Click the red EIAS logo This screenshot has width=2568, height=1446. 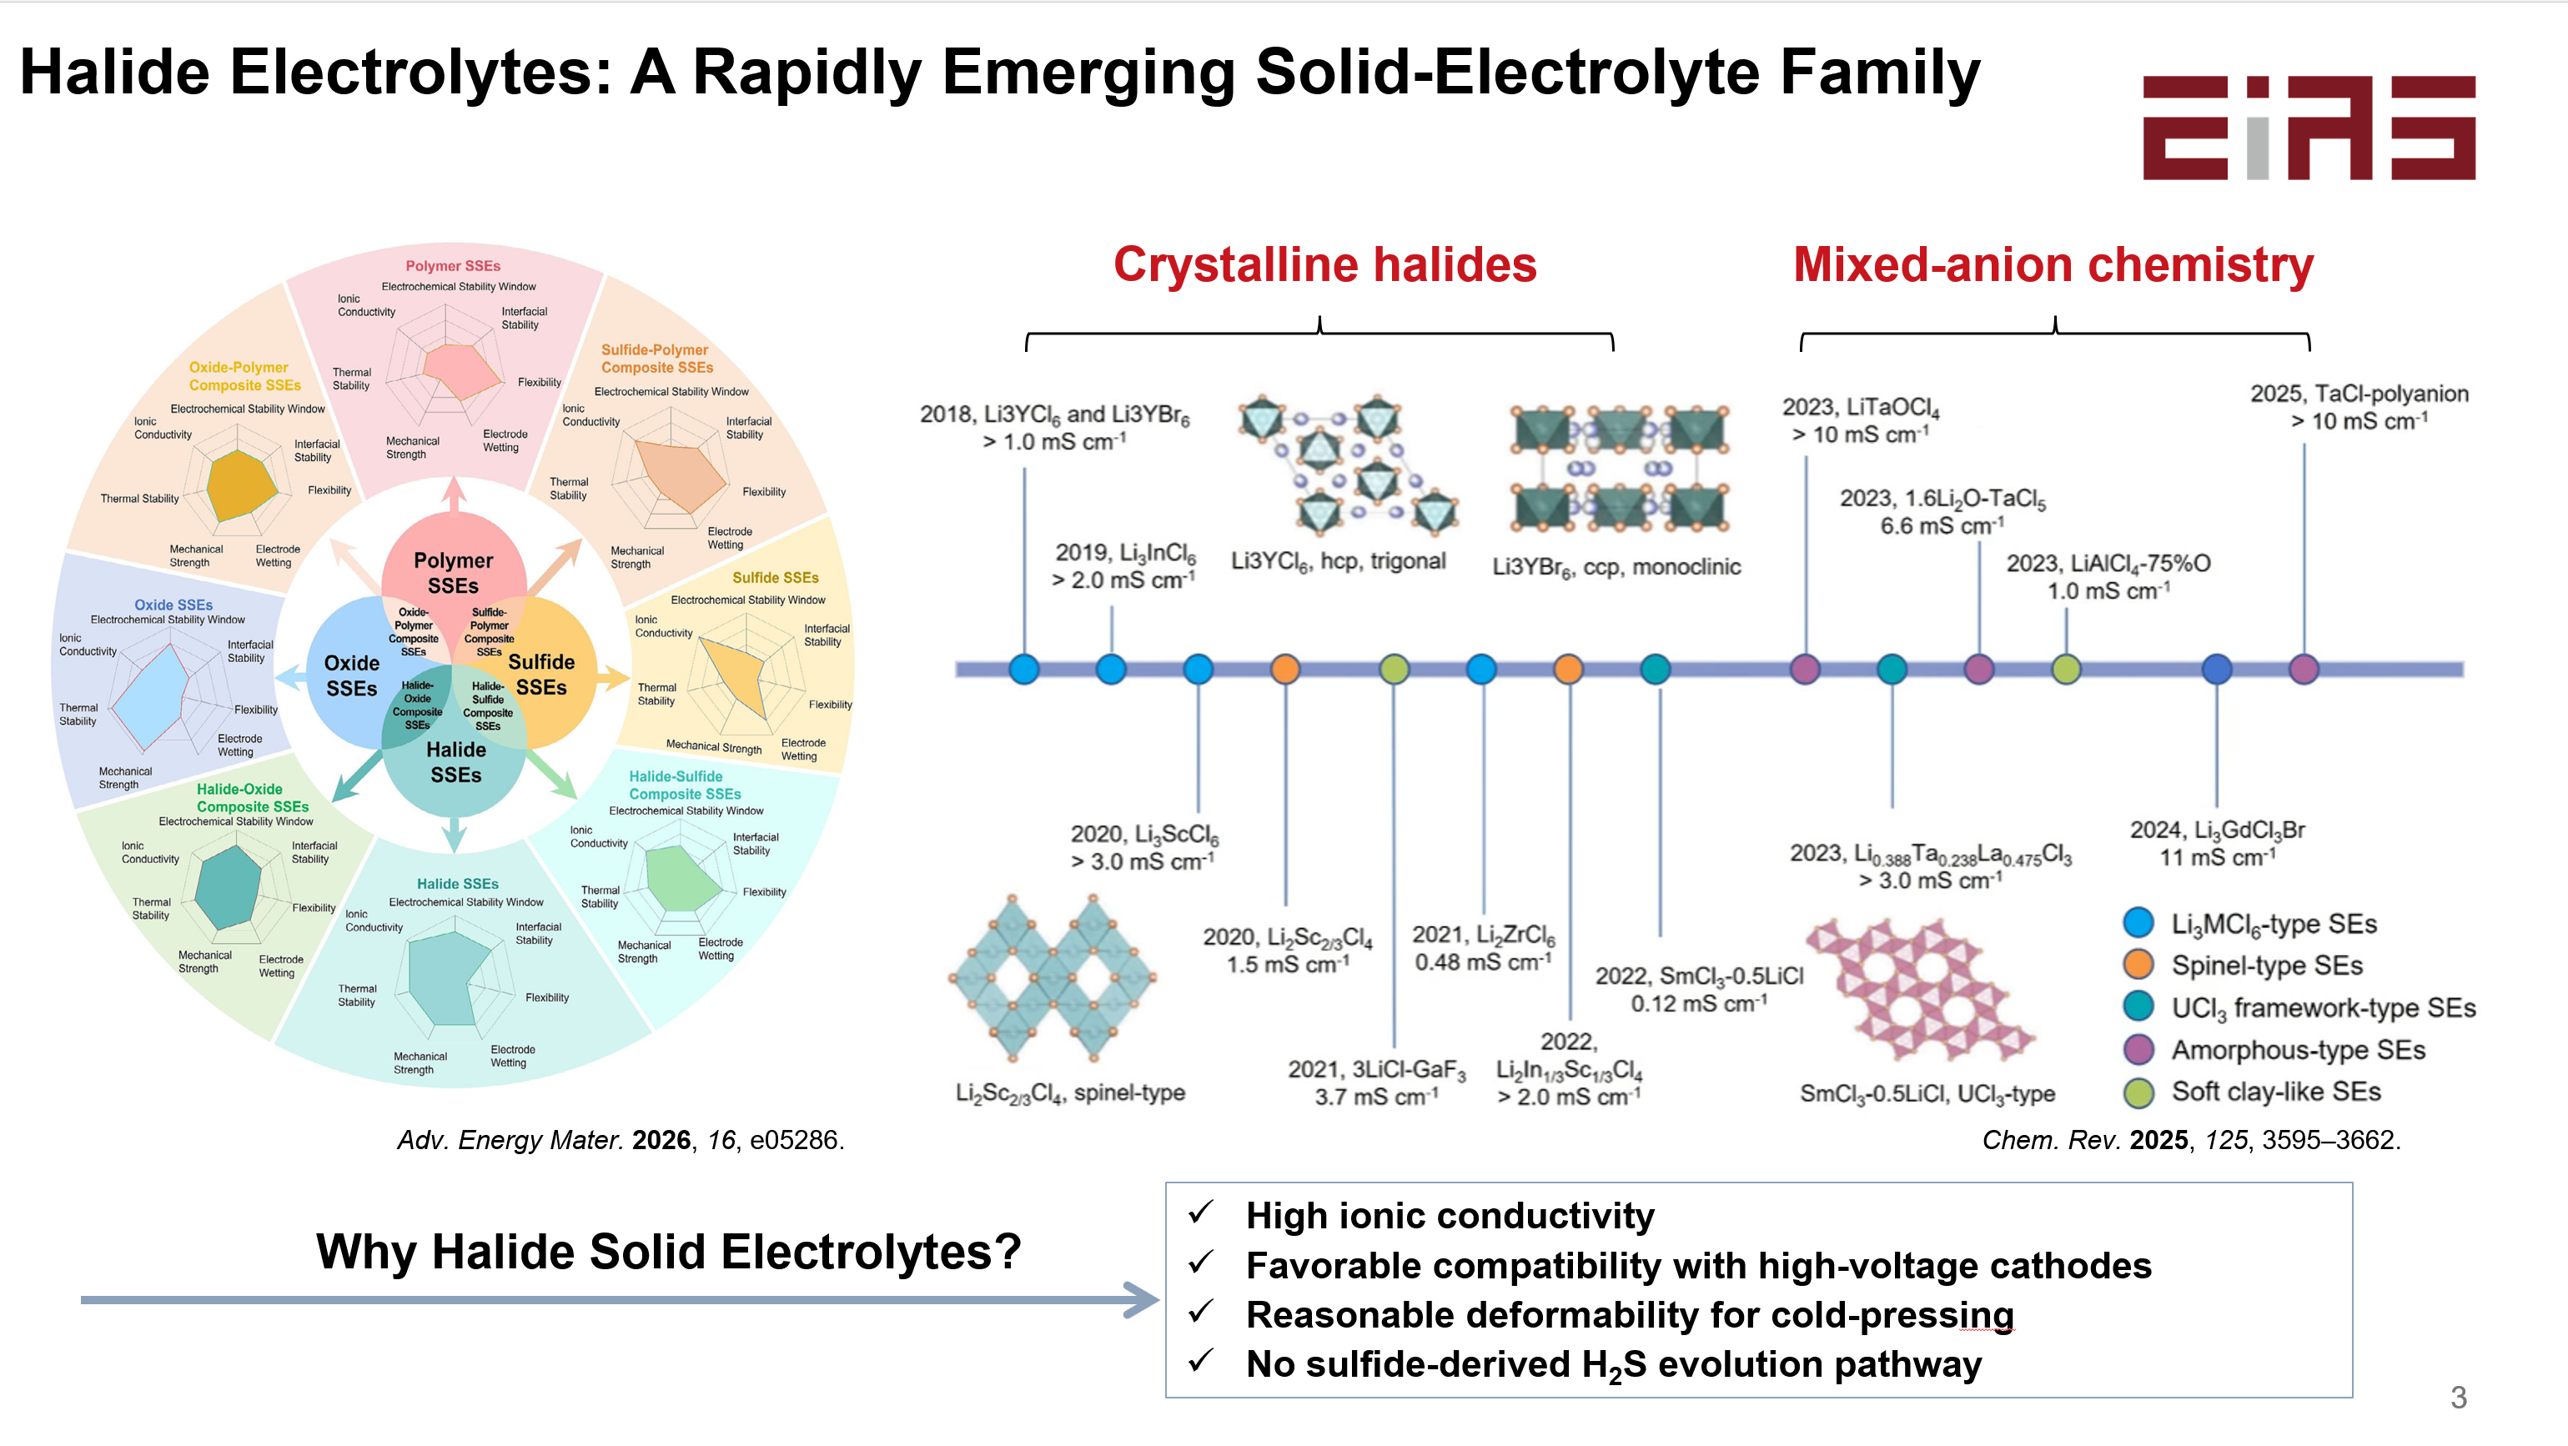pos(2309,128)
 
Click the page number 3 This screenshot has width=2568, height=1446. pos(2459,1397)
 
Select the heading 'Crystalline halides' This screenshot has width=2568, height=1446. pos(1325,265)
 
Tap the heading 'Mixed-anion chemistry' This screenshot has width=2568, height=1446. pos(2053,265)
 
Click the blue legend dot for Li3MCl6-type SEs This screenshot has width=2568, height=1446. pos(2138,923)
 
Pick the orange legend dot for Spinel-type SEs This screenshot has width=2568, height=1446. pos(2138,965)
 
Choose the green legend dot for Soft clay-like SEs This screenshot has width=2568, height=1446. pos(2138,1092)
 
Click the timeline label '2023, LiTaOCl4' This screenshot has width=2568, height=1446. pos(1860,408)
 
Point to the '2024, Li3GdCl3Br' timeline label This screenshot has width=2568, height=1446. pos(2217,830)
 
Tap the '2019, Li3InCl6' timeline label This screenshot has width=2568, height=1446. pos(1125,553)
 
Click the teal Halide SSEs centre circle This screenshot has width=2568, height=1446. pos(455,762)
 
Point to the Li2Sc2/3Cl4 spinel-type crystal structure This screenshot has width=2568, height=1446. pos(1053,979)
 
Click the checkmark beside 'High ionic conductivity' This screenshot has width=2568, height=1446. pos(1201,1212)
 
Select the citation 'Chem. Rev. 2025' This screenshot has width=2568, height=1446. pos(2085,1140)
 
